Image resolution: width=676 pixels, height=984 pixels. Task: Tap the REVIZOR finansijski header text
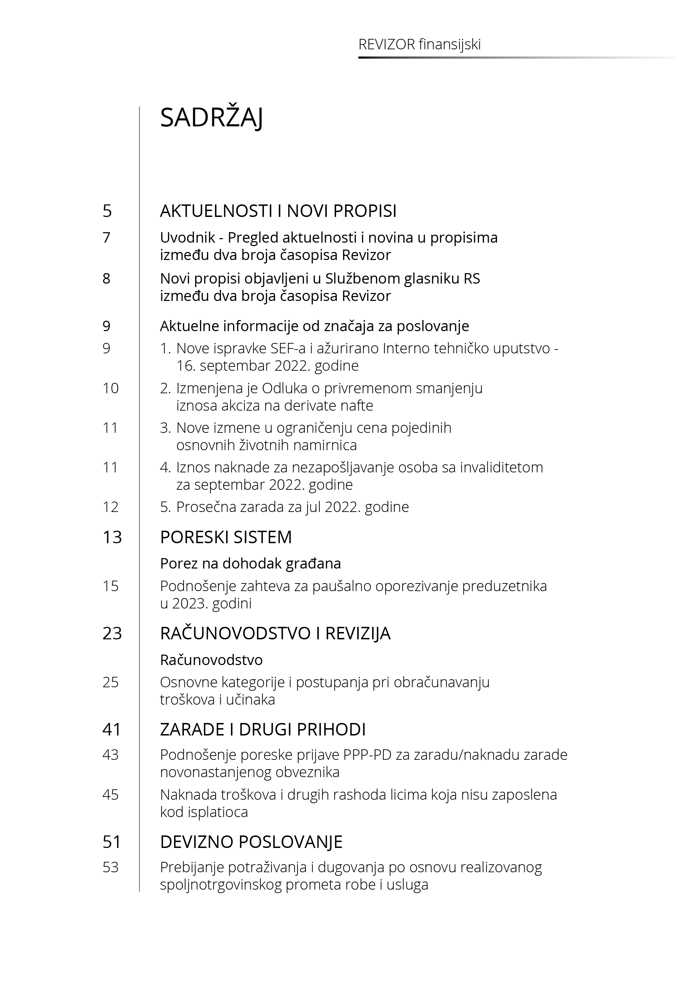419,44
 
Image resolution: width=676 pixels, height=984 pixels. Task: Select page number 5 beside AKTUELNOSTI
107,211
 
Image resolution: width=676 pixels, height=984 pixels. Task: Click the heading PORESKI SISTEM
226,537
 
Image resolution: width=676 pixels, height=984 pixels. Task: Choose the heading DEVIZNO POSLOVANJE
251,842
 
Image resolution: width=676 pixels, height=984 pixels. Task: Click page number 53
110,867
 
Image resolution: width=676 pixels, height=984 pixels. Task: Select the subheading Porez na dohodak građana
250,564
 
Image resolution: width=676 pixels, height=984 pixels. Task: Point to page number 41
112,729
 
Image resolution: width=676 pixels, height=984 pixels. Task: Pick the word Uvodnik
188,238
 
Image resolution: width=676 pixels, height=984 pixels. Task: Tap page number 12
110,507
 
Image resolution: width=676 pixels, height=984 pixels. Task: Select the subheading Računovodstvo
211,660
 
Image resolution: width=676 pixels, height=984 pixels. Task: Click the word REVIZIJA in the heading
358,633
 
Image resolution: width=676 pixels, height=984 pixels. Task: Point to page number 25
110,682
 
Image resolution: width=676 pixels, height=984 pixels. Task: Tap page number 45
110,794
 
